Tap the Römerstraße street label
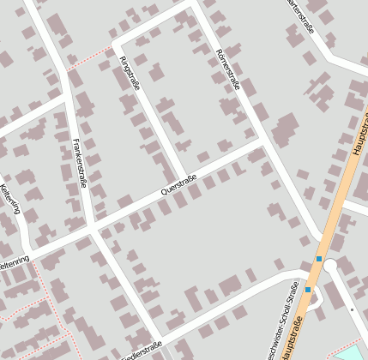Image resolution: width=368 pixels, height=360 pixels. point(228,69)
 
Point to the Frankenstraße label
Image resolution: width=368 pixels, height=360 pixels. point(81,162)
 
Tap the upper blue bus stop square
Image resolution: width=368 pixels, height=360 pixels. point(319,259)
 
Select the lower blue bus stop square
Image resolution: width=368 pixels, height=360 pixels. point(308,290)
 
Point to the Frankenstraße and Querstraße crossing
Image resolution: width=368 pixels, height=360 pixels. point(91,228)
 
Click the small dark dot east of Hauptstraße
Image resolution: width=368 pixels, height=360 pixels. point(352,309)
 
